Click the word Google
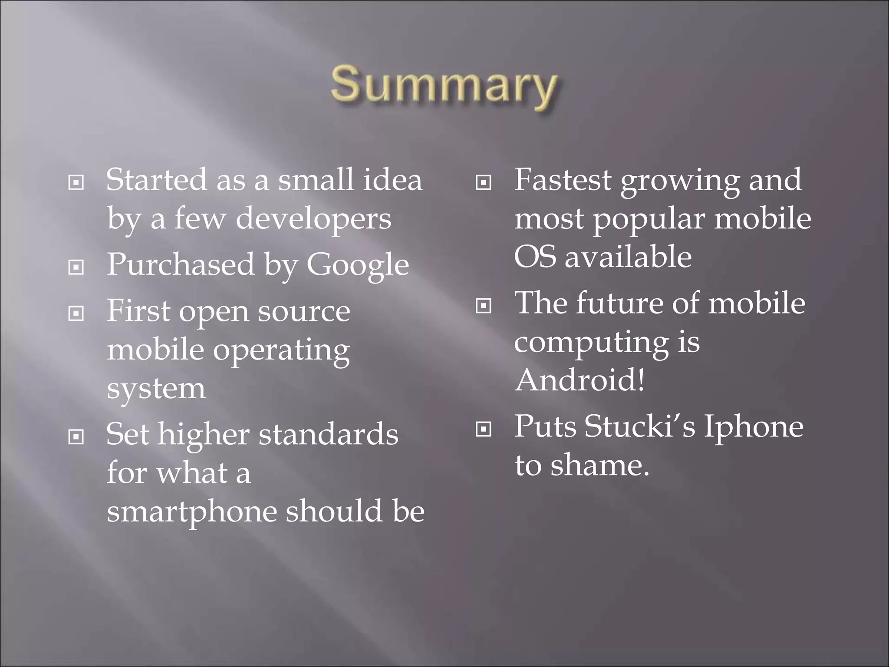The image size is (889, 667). pyautogui.click(x=358, y=265)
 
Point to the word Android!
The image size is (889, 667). pyautogui.click(x=579, y=380)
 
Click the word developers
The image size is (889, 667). pyautogui.click(x=313, y=218)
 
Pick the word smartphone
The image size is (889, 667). pyautogui.click(x=191, y=512)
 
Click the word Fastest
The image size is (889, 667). pyautogui.click(x=563, y=180)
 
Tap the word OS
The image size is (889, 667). pyautogui.click(x=534, y=257)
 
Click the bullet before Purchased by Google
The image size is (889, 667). pyautogui.click(x=76, y=267)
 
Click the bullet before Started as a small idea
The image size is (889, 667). pyautogui.click(x=76, y=183)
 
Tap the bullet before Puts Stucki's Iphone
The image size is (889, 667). pyautogui.click(x=484, y=429)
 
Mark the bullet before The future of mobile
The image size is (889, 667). pyautogui.click(x=484, y=306)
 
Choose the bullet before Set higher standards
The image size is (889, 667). pyautogui.click(x=76, y=437)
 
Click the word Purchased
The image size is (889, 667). pyautogui.click(x=181, y=265)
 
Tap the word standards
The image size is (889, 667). pyautogui.click(x=328, y=434)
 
